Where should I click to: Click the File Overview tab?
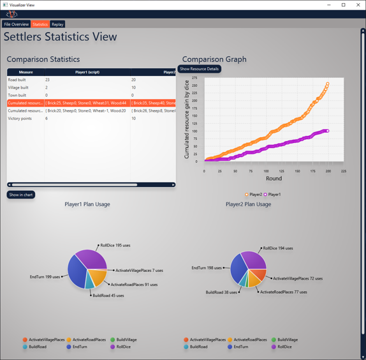[16, 24]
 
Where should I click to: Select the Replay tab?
[57, 24]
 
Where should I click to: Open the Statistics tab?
[40, 24]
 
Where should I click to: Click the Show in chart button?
[21, 195]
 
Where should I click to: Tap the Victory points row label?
[20, 118]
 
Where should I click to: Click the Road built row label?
[17, 80]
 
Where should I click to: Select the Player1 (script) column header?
[87, 72]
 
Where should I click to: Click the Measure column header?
[26, 72]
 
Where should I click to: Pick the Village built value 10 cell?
[134, 87]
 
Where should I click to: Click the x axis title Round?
[274, 179]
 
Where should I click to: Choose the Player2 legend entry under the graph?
[253, 195]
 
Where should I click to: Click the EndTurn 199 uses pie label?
[45, 277]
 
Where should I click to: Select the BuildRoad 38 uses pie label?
[221, 292]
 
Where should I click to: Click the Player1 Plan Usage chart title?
[87, 204]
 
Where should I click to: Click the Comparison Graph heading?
[214, 59]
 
